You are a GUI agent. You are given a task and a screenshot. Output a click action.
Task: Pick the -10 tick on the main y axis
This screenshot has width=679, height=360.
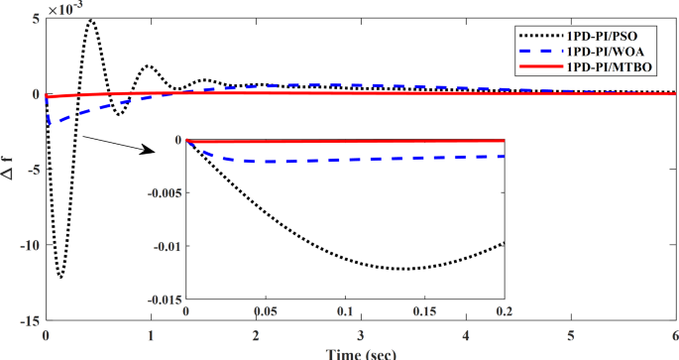click(x=29, y=245)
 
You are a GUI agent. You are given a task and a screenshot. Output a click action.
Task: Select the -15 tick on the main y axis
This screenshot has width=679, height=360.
click(x=29, y=321)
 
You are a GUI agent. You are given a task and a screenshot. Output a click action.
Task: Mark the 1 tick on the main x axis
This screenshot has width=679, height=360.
click(x=151, y=335)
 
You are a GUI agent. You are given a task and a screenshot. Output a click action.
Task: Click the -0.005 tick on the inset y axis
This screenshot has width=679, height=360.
click(x=163, y=192)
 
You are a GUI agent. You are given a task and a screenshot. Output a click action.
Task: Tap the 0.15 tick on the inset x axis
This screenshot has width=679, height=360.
click(x=424, y=311)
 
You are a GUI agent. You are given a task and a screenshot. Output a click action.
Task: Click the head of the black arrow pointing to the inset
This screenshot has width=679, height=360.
click(x=153, y=152)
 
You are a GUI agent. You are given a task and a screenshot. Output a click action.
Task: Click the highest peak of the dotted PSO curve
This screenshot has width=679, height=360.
click(x=91, y=19)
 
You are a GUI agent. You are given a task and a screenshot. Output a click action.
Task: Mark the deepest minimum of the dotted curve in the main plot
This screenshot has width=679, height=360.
click(x=60, y=278)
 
